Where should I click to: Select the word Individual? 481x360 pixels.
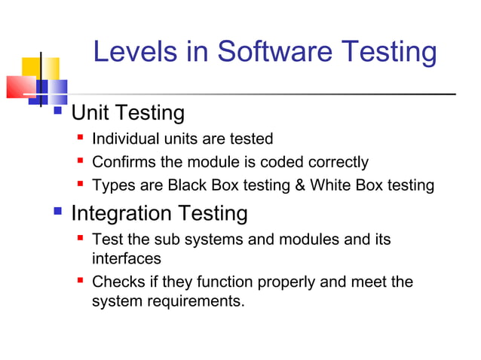(x=120, y=139)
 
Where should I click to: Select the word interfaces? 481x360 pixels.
(x=126, y=258)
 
